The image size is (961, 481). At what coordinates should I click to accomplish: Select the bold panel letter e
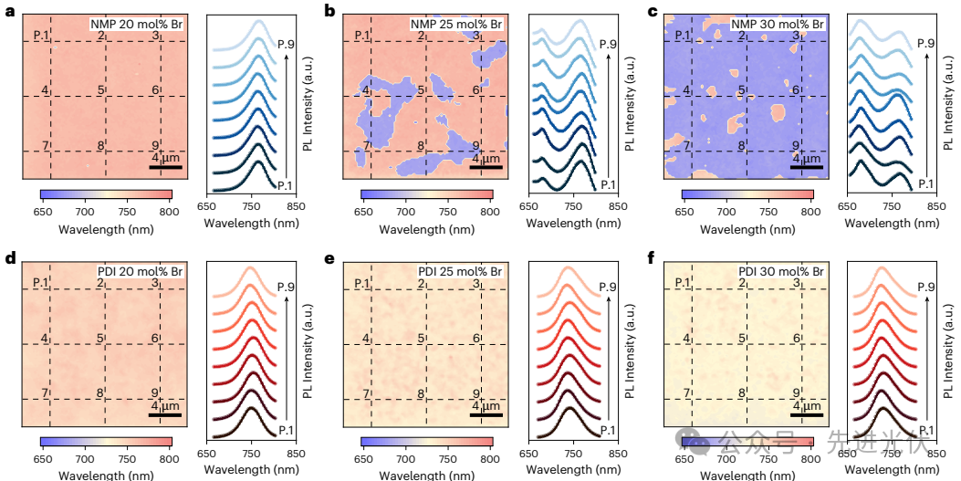click(x=329, y=259)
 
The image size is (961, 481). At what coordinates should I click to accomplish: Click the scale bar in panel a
click(x=166, y=167)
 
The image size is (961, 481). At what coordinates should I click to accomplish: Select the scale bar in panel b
click(x=486, y=167)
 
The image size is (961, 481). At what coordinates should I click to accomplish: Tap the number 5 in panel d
click(x=101, y=339)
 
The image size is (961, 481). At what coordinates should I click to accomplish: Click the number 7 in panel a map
click(x=45, y=145)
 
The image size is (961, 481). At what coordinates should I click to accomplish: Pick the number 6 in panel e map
click(x=475, y=339)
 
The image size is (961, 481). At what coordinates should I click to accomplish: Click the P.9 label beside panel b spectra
click(x=607, y=43)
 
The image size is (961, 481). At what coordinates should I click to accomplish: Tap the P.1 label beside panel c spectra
click(x=924, y=183)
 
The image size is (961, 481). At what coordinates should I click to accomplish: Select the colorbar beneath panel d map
click(x=106, y=441)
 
